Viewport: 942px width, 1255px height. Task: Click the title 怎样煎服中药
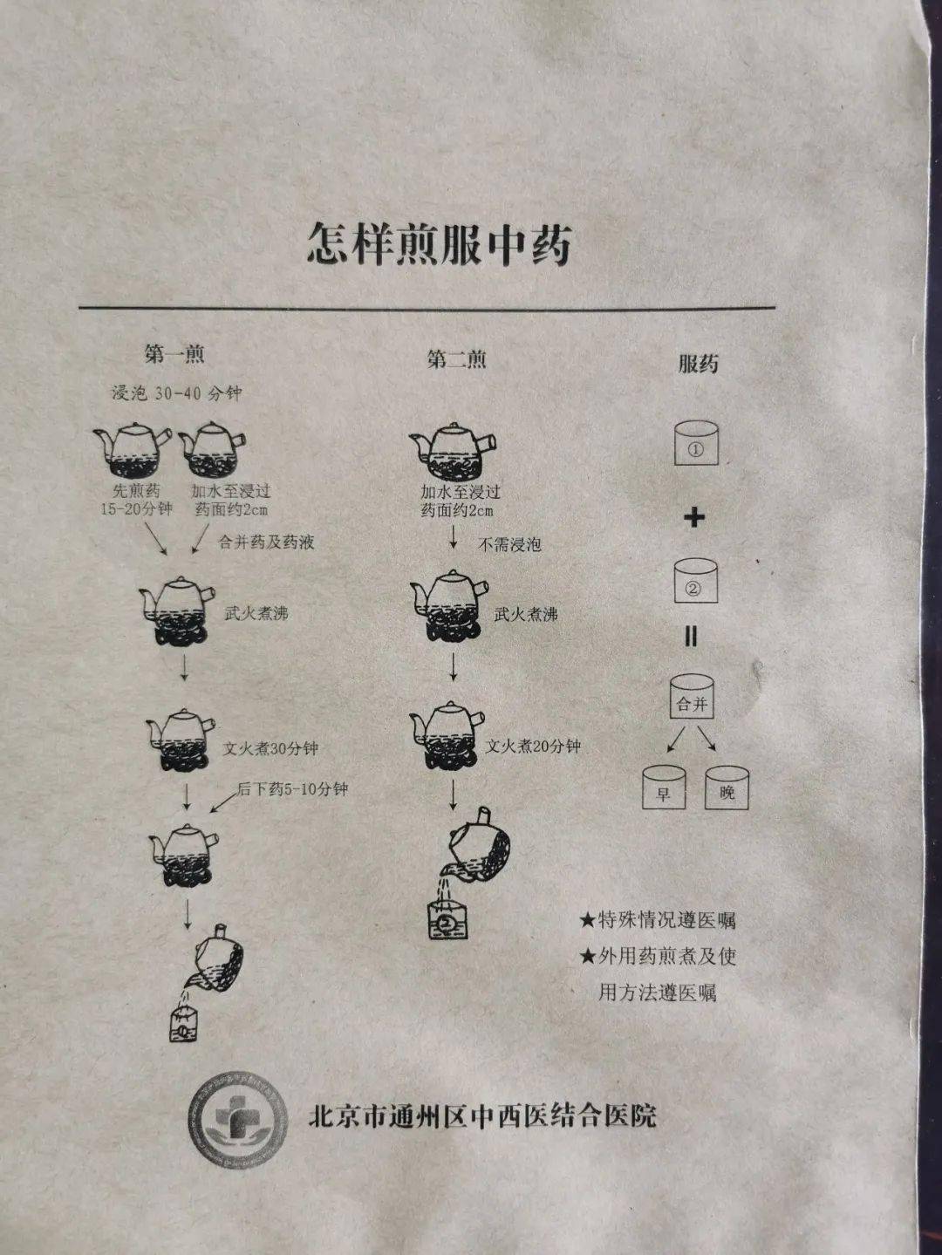pyautogui.click(x=439, y=243)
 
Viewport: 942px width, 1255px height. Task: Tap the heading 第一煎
pyautogui.click(x=174, y=354)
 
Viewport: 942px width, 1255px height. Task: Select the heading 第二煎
pyautogui.click(x=456, y=359)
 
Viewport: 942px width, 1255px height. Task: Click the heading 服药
pyautogui.click(x=698, y=364)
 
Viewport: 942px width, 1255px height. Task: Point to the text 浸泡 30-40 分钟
pyautogui.click(x=177, y=393)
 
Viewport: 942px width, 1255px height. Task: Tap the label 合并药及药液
pyautogui.click(x=266, y=542)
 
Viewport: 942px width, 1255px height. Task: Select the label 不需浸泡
pyautogui.click(x=509, y=545)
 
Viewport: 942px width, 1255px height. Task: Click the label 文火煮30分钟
pyautogui.click(x=270, y=748)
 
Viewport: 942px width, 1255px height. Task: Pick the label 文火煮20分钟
pyautogui.click(x=533, y=747)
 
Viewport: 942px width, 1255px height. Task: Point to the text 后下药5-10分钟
pyautogui.click(x=292, y=789)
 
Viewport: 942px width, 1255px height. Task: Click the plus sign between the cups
pyautogui.click(x=693, y=517)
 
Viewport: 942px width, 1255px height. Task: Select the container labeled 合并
pyautogui.click(x=692, y=697)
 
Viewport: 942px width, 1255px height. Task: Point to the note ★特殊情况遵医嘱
pyautogui.click(x=659, y=920)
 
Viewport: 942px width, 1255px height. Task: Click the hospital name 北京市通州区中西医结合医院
pyautogui.click(x=481, y=1116)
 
